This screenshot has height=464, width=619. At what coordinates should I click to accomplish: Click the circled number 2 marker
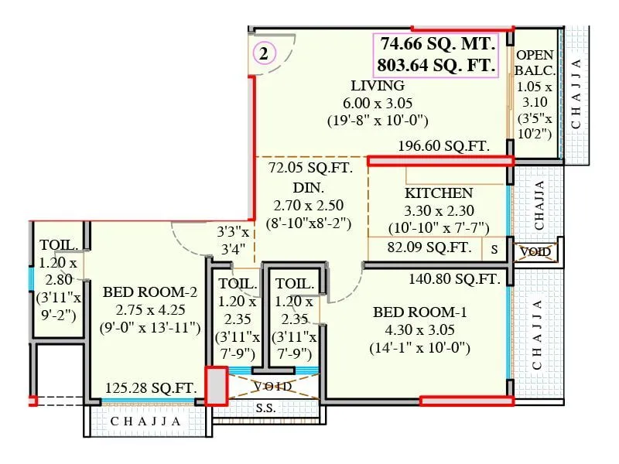(265, 53)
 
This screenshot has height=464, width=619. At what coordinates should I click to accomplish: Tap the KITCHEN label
(439, 193)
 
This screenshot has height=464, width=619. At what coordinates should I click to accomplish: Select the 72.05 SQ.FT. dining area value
(309, 168)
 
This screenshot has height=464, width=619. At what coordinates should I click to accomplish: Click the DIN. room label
(308, 187)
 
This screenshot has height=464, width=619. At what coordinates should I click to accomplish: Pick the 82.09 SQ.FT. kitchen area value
(429, 248)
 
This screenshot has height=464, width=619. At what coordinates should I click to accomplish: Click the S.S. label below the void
(265, 408)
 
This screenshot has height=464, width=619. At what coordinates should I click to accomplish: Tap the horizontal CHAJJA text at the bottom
(146, 422)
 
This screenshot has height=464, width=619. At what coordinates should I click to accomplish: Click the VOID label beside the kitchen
(535, 251)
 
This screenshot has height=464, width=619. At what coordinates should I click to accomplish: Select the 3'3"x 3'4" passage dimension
(233, 240)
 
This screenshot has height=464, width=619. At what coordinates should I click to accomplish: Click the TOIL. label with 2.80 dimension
(59, 245)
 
